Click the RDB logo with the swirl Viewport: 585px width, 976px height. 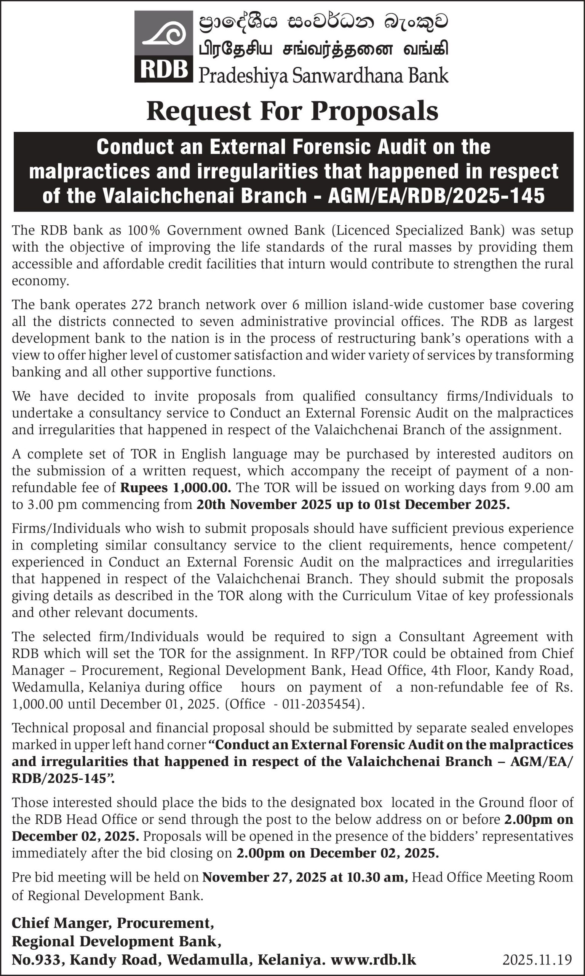coord(164,47)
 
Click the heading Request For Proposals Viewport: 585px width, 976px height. coord(292,111)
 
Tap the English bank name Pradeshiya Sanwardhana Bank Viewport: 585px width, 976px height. coord(323,75)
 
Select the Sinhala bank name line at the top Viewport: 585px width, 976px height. coord(323,23)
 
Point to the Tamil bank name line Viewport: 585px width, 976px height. coord(323,50)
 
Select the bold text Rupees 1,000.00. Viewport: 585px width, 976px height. coord(176,488)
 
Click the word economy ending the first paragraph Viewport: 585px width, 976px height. coord(40,281)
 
